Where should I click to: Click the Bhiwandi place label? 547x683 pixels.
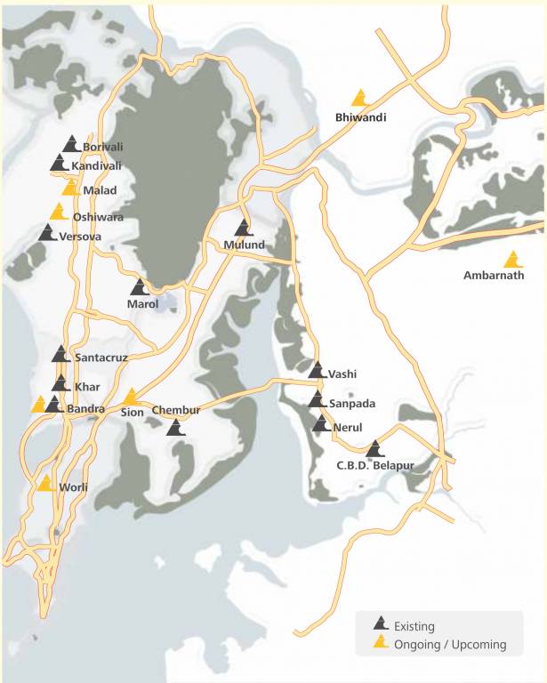pyautogui.click(x=360, y=117)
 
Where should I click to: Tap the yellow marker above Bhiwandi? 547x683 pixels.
pyautogui.click(x=360, y=98)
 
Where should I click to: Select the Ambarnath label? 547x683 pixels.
pyautogui.click(x=494, y=275)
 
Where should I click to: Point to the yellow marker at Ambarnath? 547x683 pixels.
pyautogui.click(x=512, y=260)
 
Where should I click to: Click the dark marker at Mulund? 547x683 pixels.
pyautogui.click(x=244, y=228)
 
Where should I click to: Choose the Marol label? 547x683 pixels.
pyautogui.click(x=142, y=304)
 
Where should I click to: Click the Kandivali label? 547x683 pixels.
pyautogui.click(x=98, y=165)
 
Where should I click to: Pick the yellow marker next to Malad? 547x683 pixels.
pyautogui.click(x=70, y=188)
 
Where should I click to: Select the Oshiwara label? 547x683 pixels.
pyautogui.click(x=98, y=217)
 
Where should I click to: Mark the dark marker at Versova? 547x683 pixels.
pyautogui.click(x=47, y=233)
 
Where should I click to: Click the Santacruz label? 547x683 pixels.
pyautogui.click(x=101, y=357)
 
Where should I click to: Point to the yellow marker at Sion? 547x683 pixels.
pyautogui.click(x=131, y=397)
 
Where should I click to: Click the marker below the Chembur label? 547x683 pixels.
pyautogui.click(x=176, y=428)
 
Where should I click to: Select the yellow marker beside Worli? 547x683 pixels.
pyautogui.click(x=45, y=483)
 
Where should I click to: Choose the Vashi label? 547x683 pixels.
pyautogui.click(x=342, y=374)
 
